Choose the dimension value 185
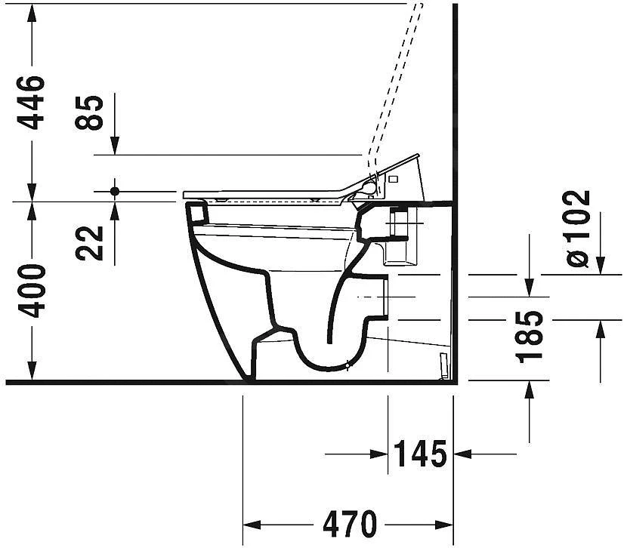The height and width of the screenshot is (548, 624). (x=531, y=335)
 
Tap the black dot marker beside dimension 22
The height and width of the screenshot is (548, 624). (x=115, y=191)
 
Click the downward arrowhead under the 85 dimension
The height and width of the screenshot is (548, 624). (x=115, y=146)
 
